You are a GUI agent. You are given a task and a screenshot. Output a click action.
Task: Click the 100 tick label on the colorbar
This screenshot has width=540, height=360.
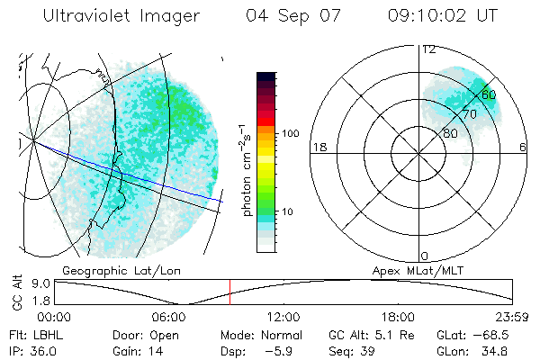(x=290, y=132)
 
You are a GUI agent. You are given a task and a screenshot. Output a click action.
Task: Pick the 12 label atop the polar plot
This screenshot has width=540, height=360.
(x=428, y=49)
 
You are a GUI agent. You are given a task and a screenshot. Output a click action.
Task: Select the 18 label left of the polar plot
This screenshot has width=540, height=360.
(x=318, y=147)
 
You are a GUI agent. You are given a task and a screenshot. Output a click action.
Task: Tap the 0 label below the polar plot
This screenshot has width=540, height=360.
(x=425, y=256)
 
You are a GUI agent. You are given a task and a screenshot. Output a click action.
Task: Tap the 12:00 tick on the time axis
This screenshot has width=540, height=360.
(x=283, y=317)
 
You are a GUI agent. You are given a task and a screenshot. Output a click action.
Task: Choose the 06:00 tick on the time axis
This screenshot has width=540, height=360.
(x=169, y=317)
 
